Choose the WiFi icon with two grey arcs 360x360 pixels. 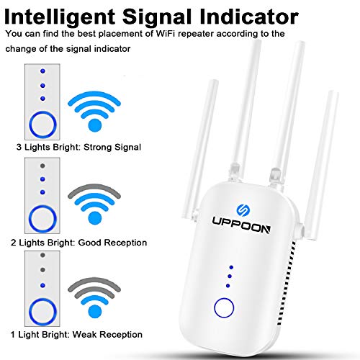[x=95, y=297]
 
